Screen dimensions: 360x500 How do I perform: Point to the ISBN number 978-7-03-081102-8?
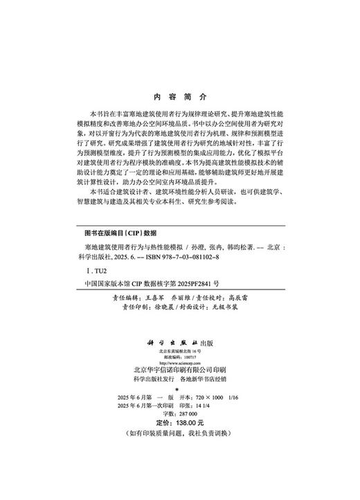coord(182,256)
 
